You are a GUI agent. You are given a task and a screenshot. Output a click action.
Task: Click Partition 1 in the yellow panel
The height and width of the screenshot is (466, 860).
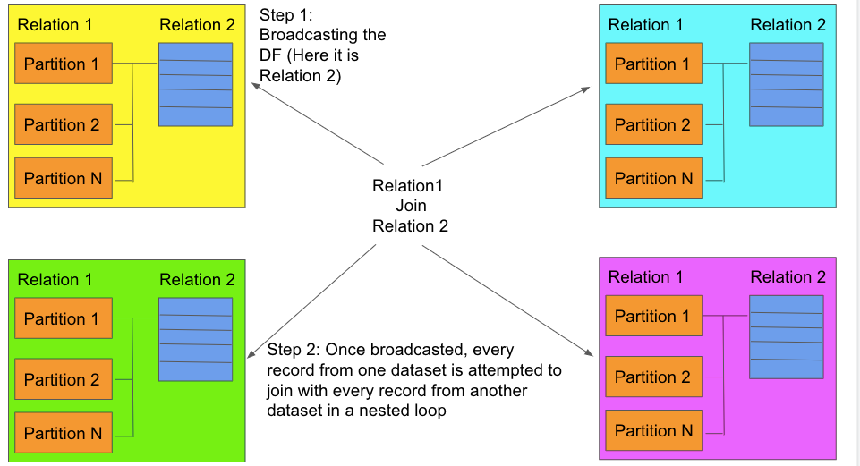point(64,64)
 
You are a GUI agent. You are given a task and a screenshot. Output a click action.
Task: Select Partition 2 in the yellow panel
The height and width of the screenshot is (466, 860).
point(64,124)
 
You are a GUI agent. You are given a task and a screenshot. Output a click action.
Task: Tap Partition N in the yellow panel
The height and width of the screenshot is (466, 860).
point(64,178)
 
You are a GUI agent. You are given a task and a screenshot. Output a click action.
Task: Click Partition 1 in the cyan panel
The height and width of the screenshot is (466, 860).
point(654,64)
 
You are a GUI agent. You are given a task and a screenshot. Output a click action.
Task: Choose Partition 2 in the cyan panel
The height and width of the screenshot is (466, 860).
point(654,124)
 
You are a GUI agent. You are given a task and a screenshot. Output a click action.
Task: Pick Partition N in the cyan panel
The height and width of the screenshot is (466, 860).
point(654,178)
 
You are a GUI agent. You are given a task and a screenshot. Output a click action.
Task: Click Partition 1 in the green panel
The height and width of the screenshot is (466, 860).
point(64,318)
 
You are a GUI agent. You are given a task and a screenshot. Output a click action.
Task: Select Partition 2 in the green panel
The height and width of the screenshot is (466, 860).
point(64,379)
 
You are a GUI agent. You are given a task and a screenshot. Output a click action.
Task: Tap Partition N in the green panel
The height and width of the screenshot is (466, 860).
point(64,433)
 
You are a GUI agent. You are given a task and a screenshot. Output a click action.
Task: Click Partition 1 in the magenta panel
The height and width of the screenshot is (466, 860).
point(654,317)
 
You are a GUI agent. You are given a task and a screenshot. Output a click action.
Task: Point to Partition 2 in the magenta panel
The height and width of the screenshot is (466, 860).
point(654,377)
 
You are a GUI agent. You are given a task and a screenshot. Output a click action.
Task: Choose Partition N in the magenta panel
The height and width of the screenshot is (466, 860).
point(654,431)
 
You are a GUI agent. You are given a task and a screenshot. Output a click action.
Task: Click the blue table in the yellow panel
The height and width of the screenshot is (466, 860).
point(196,85)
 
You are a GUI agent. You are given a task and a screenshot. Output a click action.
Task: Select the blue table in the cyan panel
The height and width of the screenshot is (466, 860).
point(787,85)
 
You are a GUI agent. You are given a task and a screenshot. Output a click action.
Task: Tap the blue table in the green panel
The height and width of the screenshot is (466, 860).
point(196,340)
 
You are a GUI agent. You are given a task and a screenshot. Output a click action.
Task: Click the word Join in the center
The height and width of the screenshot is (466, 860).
point(411,206)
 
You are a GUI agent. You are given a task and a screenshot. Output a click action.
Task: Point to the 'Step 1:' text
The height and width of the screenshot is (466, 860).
point(285,15)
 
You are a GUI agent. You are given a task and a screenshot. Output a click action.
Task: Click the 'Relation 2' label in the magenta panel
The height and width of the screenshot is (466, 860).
point(788,277)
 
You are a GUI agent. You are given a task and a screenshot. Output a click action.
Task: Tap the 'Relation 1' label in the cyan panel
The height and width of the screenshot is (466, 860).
point(645,25)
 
